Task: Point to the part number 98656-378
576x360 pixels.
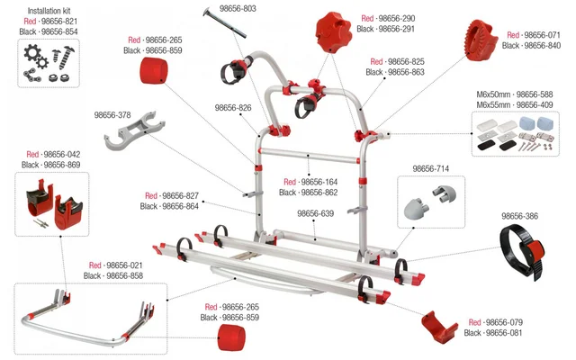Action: click(112, 115)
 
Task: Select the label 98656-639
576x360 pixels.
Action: click(315, 214)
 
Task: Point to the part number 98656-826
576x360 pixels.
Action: click(233, 108)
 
